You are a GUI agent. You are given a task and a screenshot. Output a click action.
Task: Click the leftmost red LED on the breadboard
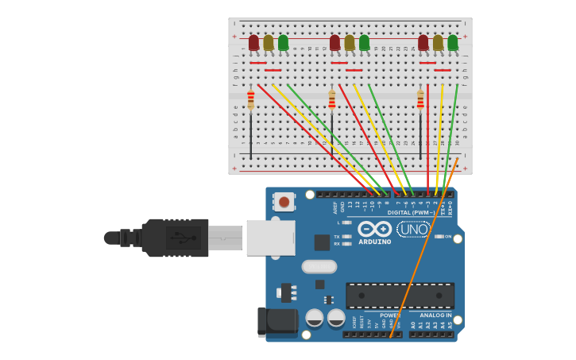pos(253,42)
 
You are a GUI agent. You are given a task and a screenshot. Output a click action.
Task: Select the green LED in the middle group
pos(364,42)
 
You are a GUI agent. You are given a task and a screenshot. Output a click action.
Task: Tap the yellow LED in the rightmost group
pos(438,42)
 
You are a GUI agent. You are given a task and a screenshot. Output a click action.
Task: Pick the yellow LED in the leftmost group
pos(269,42)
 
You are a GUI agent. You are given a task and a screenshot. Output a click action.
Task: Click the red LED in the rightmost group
pos(423,42)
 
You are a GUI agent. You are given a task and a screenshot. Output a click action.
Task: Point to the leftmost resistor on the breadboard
pos(251,99)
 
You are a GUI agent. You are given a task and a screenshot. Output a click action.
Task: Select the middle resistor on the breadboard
pos(332,99)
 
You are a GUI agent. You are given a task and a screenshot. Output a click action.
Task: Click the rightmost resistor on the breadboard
pos(420,99)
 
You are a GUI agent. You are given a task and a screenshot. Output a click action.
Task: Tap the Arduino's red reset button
pos(284,202)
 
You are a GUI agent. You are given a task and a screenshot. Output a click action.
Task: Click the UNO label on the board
pos(413,230)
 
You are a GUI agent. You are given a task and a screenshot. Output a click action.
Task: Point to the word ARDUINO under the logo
pos(374,242)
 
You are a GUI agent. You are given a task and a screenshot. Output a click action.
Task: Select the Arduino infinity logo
pos(373,229)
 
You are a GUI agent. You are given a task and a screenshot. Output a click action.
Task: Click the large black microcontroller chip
pos(400,296)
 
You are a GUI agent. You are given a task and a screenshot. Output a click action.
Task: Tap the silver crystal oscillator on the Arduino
pos(319,266)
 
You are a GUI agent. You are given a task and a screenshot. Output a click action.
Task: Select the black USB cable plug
pos(171,238)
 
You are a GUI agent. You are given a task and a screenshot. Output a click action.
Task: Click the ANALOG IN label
pos(435,315)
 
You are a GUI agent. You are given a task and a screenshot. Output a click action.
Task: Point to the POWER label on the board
pos(390,315)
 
